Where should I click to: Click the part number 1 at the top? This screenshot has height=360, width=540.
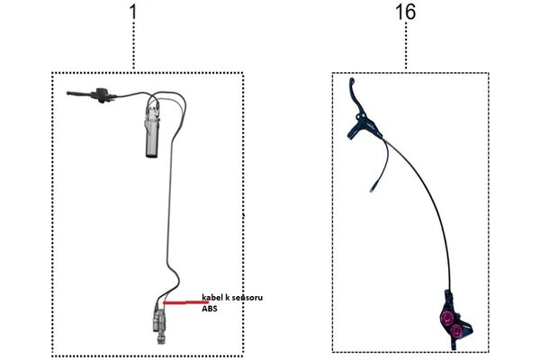click(x=133, y=12)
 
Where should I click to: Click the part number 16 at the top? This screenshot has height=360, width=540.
click(x=405, y=12)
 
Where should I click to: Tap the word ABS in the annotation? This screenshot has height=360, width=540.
click(x=210, y=309)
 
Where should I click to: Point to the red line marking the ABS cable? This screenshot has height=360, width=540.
click(x=185, y=303)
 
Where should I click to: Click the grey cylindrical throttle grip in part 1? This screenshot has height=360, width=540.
click(x=151, y=134)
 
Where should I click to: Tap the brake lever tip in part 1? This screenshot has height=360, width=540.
click(x=68, y=93)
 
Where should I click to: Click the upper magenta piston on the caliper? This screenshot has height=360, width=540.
click(x=446, y=316)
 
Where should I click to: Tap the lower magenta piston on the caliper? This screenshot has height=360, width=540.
click(x=456, y=331)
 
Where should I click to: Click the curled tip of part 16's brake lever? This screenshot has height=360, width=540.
click(x=352, y=81)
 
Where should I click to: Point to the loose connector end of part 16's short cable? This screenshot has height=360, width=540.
click(x=372, y=189)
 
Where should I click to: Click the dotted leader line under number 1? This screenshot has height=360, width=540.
click(x=133, y=46)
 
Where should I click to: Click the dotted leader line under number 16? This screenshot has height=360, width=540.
click(x=406, y=46)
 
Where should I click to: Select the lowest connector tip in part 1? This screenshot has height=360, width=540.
click(x=160, y=341)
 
